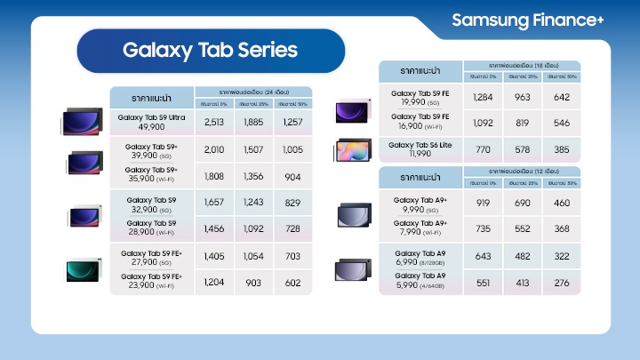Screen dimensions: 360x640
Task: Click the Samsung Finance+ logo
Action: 527,20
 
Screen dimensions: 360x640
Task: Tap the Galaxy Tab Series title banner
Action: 210,49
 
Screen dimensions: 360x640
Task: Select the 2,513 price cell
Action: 214,122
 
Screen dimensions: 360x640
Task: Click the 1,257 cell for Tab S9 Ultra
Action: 292,122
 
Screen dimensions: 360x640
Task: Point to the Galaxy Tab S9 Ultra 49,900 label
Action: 152,122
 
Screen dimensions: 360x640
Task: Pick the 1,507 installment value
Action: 253,149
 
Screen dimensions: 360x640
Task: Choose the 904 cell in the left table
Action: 292,176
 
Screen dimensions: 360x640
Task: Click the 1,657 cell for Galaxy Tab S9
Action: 214,204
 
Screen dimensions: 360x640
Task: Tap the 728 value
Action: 292,228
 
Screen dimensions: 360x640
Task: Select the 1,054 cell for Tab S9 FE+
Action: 253,256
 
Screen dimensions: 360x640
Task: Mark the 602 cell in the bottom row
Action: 292,282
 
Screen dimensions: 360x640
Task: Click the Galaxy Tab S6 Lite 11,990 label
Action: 420,149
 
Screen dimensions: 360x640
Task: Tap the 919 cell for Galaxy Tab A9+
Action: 483,204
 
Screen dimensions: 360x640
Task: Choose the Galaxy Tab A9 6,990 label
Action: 420,256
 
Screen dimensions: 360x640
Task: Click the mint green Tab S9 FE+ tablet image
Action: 85,269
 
